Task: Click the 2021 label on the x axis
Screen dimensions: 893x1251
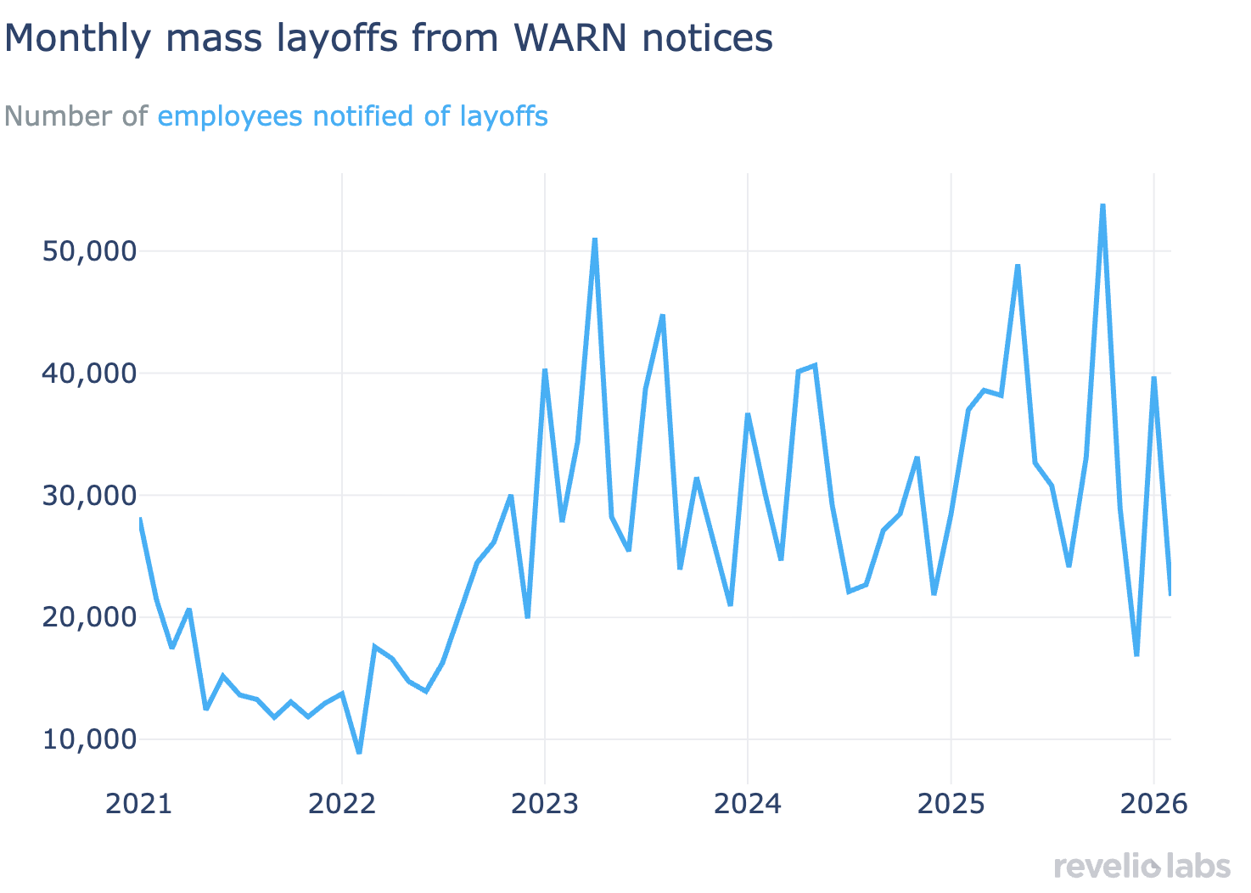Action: click(138, 804)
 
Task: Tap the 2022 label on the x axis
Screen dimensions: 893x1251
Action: click(341, 804)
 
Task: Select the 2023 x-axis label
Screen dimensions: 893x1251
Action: click(544, 804)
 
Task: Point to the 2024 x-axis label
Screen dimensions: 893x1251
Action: click(747, 804)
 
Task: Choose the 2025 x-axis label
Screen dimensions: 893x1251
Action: click(951, 804)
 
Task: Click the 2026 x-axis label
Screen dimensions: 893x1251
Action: click(1153, 804)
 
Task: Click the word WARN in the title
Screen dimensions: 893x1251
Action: click(558, 38)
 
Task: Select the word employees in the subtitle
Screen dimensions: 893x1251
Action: click(230, 116)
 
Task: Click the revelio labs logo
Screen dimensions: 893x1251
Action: click(1142, 867)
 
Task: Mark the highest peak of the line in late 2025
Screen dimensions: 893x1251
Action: click(1102, 205)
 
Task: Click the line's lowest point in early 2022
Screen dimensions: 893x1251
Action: click(359, 752)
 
